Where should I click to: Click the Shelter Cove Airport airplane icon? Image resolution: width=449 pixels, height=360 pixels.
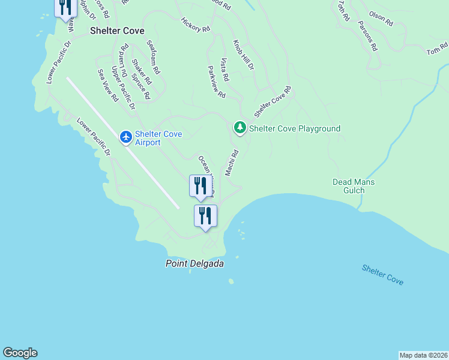(x=126, y=137)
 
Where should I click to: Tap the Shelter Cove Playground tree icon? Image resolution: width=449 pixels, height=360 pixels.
(x=240, y=128)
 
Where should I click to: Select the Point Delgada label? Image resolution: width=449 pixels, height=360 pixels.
(x=190, y=263)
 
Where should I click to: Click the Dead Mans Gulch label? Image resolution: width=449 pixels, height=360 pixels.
(x=353, y=186)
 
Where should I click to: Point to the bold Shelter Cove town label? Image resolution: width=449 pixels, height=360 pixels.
(x=117, y=30)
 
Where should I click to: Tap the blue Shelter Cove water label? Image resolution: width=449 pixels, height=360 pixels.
(x=382, y=275)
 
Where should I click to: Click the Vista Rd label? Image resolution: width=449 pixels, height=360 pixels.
(x=224, y=70)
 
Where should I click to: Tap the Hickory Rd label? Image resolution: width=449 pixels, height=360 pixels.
(x=196, y=25)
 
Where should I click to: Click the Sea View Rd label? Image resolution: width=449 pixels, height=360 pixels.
(x=108, y=85)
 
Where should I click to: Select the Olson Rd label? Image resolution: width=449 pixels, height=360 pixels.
(x=381, y=19)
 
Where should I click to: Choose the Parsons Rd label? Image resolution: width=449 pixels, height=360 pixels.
(x=367, y=35)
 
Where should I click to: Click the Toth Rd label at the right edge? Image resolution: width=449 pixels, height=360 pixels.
(x=437, y=49)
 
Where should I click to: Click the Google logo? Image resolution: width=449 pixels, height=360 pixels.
(x=20, y=353)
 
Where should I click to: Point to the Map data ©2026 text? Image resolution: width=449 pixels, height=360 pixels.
(x=423, y=355)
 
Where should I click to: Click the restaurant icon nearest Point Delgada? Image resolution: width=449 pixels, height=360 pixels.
(x=205, y=215)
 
